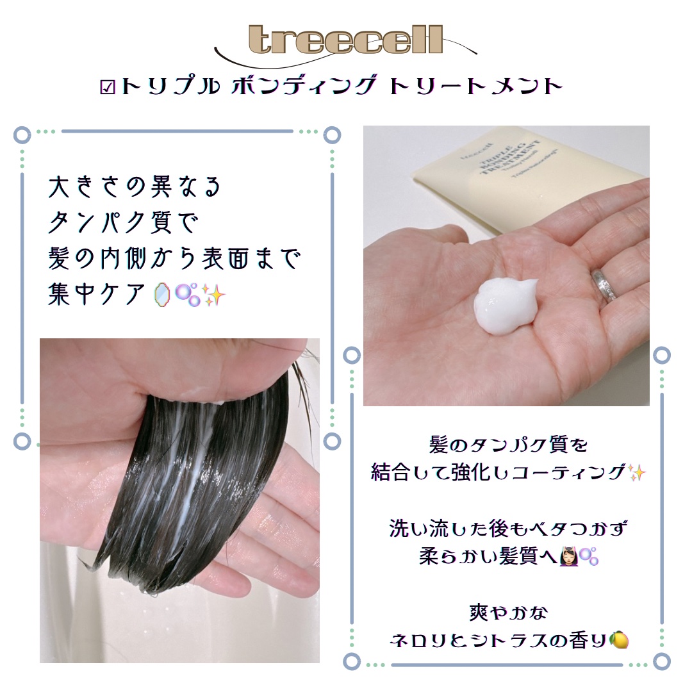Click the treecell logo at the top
coord(345,40)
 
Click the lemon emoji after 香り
coord(620,640)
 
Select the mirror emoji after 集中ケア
coord(163,295)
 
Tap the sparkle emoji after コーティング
coord(637,473)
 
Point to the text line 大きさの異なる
coord(135,187)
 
